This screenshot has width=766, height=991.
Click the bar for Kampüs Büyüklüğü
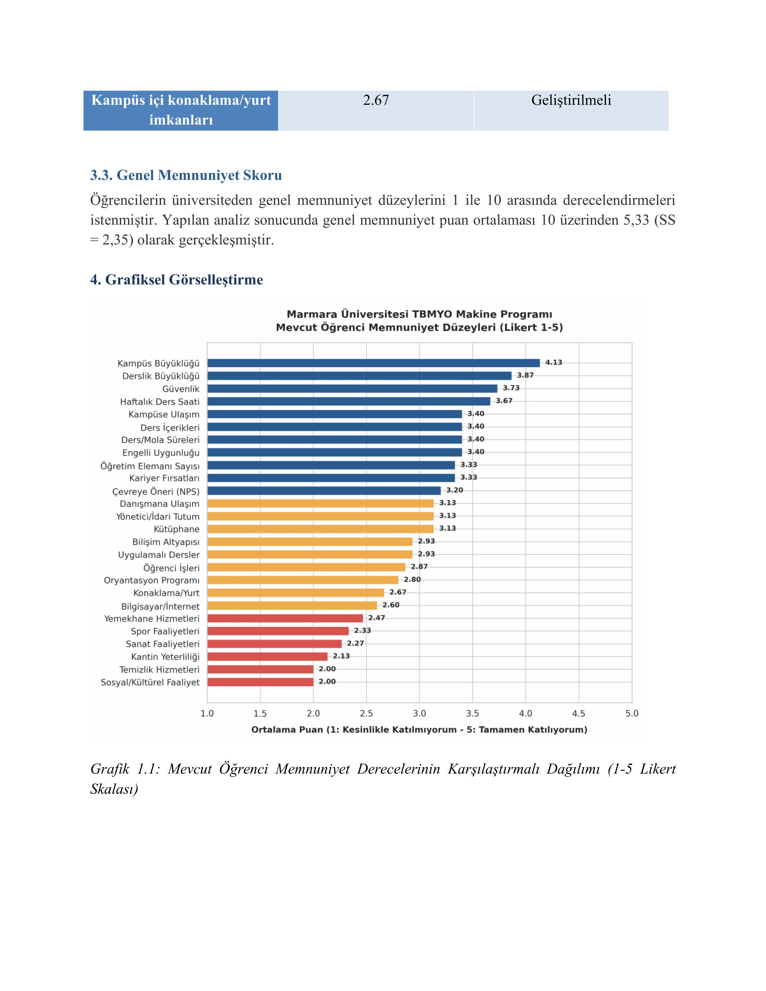373,363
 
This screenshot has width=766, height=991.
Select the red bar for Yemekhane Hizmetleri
285,618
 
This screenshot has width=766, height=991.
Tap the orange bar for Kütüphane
321,529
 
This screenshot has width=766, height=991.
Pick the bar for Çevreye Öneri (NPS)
324,490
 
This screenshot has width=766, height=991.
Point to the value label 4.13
554,362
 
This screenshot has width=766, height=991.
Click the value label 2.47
377,617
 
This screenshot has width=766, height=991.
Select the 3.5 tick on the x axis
473,713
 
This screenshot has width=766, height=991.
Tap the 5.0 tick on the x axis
632,713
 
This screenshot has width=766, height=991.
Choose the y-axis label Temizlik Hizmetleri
159,669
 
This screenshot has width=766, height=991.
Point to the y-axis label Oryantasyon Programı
152,580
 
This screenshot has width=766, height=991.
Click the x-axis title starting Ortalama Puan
419,730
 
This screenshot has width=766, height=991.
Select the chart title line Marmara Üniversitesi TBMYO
419,314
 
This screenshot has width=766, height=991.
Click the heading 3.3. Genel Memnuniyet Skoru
186,175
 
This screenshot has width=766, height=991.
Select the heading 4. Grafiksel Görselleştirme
177,280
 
